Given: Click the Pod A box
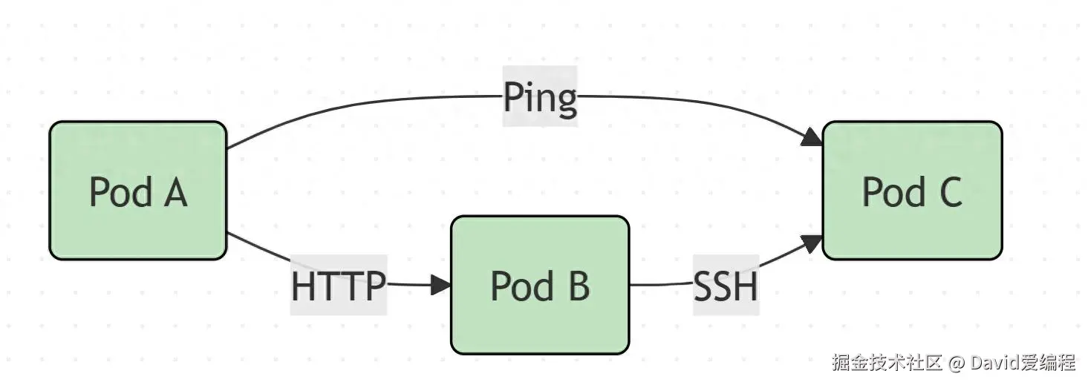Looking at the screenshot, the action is [138, 191].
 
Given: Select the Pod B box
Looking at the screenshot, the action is [540, 285].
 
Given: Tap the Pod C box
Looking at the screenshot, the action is [912, 191].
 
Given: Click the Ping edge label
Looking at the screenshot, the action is [540, 96].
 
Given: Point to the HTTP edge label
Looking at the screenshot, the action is [339, 285].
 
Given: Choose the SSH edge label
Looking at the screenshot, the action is [726, 285].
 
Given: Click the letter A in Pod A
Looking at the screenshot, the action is [175, 193].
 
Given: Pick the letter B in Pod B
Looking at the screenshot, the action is [579, 286].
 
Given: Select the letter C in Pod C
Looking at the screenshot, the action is [951, 191].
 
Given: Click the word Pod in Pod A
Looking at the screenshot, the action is [121, 192].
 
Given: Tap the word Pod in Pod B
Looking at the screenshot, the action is [523, 286].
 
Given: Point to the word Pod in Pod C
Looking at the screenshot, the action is [894, 191].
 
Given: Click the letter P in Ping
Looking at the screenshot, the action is [512, 96].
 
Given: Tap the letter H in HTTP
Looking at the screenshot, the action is [303, 286].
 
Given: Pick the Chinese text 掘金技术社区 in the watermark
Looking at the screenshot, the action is [887, 363].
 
